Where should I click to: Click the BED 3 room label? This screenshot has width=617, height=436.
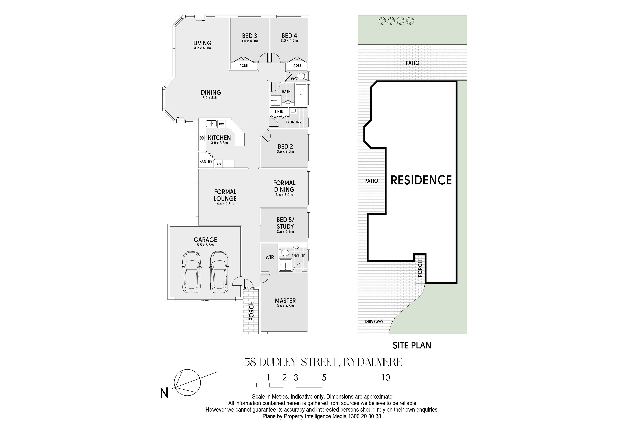[x=249, y=36]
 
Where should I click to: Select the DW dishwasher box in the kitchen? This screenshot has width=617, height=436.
[x=221, y=124]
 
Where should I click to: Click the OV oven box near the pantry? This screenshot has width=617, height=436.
[x=219, y=164]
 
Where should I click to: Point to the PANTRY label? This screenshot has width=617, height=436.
[x=206, y=161]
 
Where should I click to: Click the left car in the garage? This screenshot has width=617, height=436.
[x=192, y=272]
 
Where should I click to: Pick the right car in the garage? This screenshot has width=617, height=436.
[x=219, y=272]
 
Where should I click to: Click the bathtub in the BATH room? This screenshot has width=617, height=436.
[x=301, y=95]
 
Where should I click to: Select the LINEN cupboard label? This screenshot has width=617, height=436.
[x=279, y=111]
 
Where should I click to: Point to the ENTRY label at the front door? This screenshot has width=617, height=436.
[x=249, y=288]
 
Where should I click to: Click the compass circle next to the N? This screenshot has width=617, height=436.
[x=187, y=383]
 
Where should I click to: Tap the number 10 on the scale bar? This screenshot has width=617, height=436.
[x=386, y=378]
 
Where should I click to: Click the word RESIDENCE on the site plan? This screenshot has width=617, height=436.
[x=421, y=180]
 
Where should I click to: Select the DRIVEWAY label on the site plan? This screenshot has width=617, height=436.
[x=374, y=322]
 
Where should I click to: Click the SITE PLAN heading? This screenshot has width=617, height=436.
[x=412, y=345]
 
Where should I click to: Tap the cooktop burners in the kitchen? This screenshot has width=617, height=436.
[x=202, y=138]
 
